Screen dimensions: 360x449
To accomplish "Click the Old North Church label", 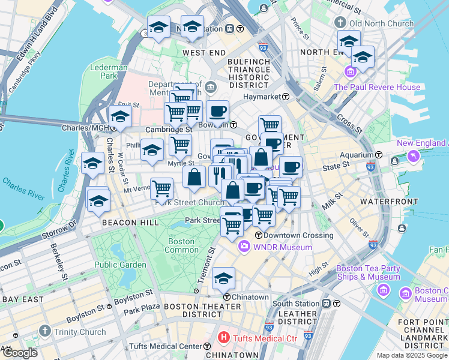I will click(x=373, y=23).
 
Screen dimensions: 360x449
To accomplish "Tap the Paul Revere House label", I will click(x=377, y=87).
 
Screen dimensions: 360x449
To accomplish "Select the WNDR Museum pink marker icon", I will click(x=244, y=247).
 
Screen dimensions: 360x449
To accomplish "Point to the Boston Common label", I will click(x=181, y=245).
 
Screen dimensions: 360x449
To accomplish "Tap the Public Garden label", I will click(x=120, y=265).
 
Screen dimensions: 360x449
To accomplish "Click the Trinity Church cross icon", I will click(x=44, y=332).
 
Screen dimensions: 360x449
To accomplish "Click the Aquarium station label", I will click(x=343, y=155).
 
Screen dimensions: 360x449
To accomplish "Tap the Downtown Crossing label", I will click(x=298, y=235).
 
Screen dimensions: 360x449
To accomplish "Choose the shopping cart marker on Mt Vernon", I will click(x=161, y=188).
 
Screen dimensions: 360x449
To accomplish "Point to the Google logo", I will click(x=20, y=353).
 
